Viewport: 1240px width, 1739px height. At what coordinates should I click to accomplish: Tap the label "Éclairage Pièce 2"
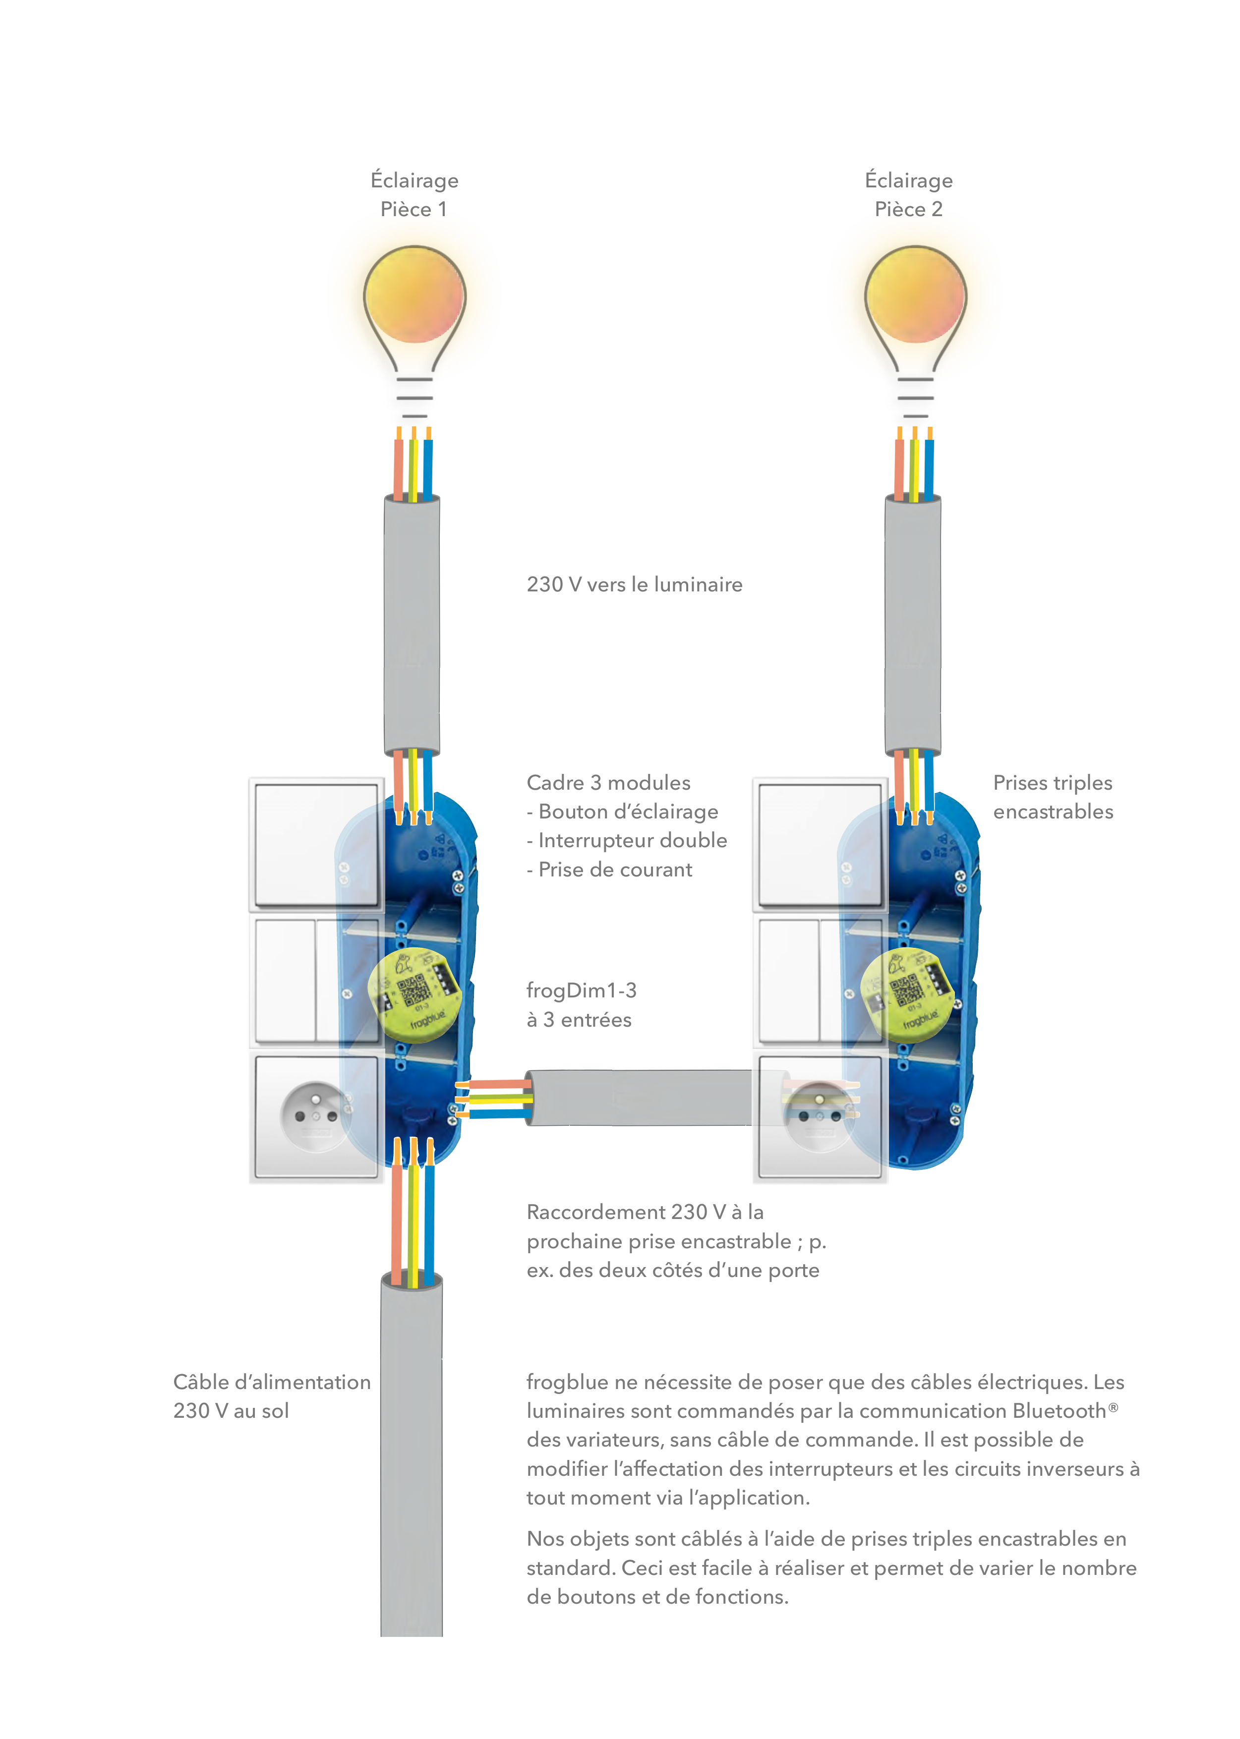point(909,195)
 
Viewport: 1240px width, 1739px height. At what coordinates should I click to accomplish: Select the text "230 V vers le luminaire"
point(635,585)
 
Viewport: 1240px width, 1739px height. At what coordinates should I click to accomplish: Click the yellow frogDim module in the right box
point(908,995)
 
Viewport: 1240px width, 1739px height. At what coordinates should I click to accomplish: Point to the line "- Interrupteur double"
point(627,840)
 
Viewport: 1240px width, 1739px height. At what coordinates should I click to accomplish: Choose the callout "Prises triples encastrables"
point(1053,797)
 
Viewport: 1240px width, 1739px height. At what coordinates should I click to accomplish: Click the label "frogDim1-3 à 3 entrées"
point(582,1005)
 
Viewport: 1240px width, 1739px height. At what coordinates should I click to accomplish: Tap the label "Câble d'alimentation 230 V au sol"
point(272,1396)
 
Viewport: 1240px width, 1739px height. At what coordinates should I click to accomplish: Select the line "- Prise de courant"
point(609,869)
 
